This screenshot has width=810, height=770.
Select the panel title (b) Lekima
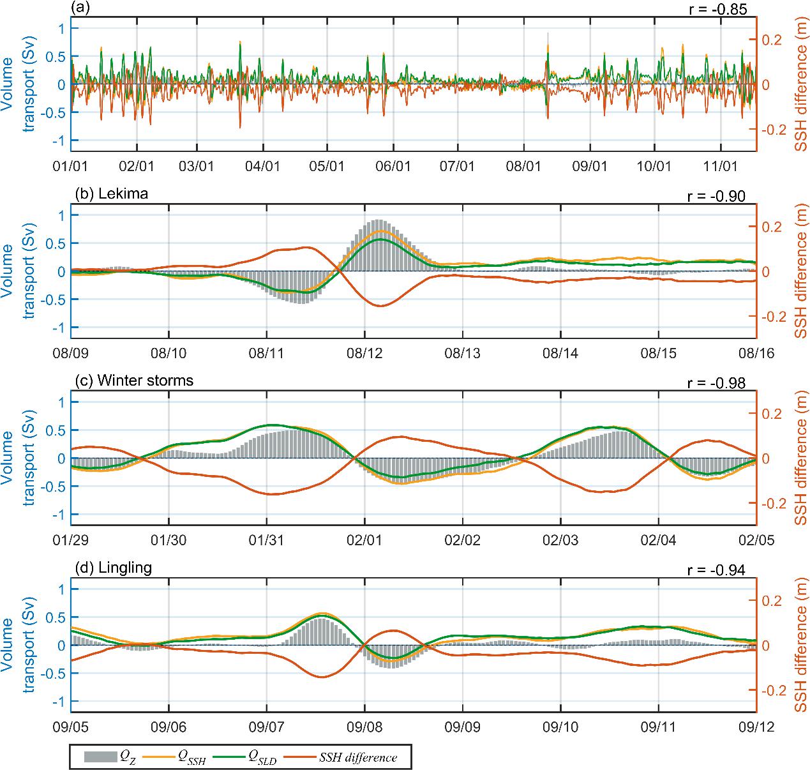click(111, 193)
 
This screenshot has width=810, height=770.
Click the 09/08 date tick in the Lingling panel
click(364, 726)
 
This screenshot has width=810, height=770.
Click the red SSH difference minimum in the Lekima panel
click(379, 306)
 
